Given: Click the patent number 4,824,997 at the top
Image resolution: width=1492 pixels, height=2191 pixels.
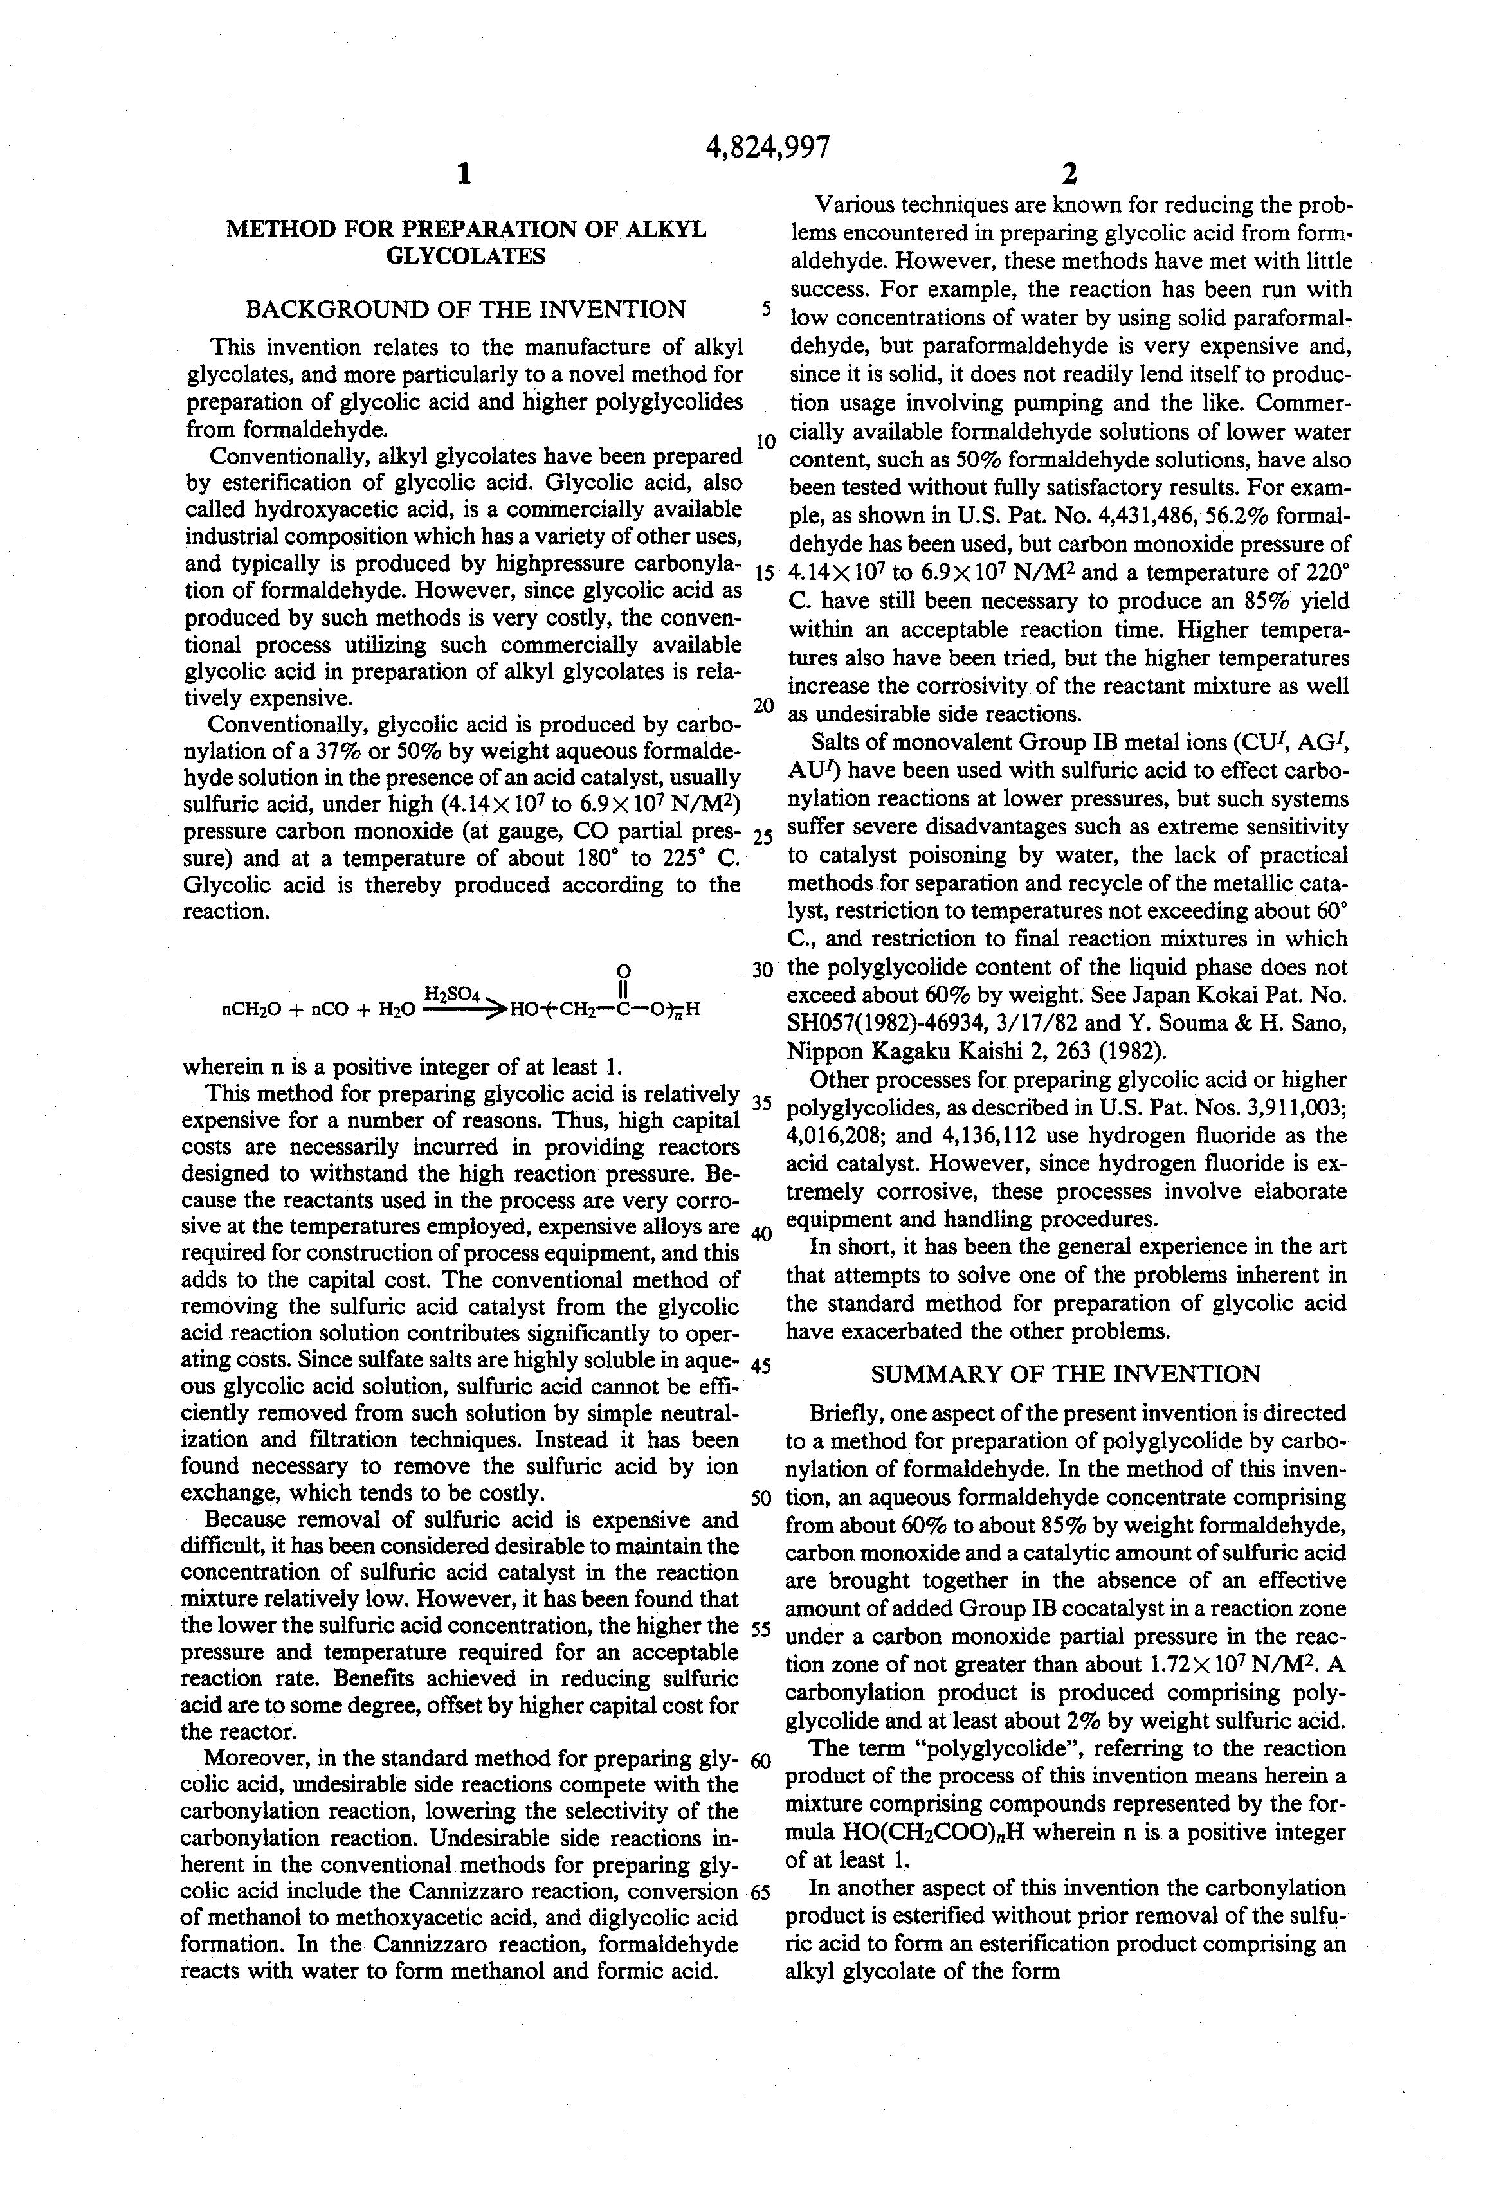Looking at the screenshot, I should click(x=768, y=147).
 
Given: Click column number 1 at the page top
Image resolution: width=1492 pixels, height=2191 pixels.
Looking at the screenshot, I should click(x=462, y=174).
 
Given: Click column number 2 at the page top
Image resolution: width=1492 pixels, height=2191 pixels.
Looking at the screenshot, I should click(x=1069, y=174).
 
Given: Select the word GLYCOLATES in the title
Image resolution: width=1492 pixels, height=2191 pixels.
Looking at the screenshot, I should click(x=466, y=257).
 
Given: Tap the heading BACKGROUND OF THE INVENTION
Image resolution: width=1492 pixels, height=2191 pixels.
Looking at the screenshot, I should click(x=465, y=309).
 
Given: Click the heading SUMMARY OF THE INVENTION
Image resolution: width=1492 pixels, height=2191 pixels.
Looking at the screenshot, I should click(x=1065, y=1374).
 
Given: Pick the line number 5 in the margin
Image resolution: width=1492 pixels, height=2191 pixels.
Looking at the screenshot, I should click(x=767, y=310).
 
